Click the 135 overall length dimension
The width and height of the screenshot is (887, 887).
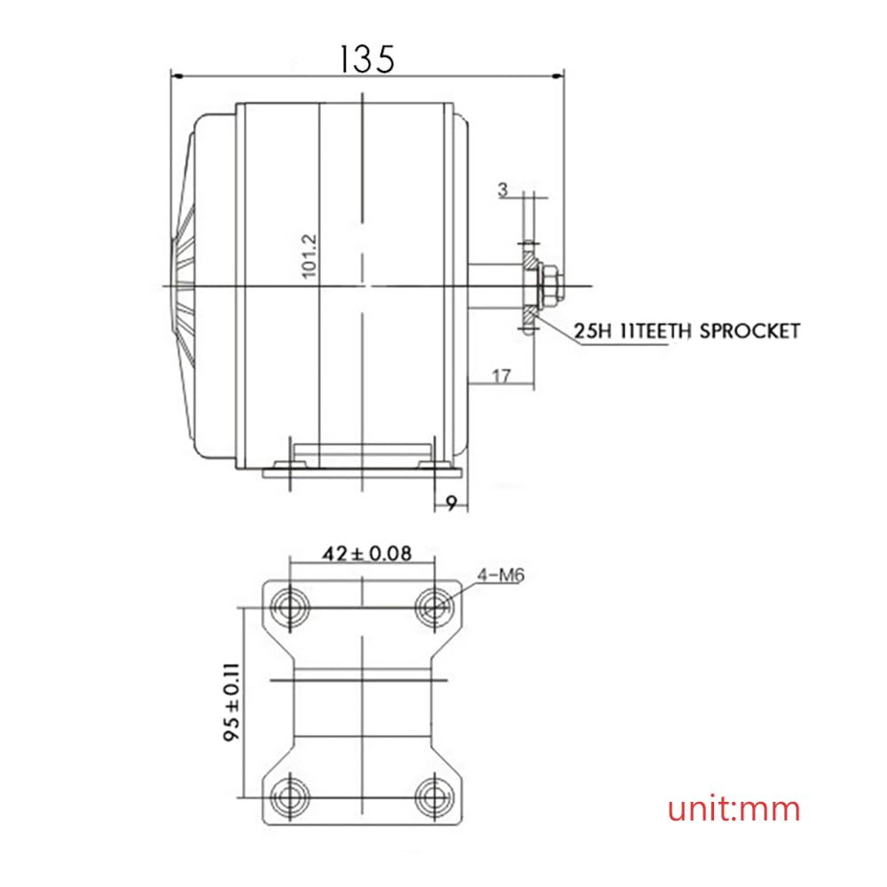click(x=366, y=59)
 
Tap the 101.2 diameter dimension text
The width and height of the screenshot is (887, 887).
click(x=309, y=255)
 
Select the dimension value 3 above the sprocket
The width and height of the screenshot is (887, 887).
click(x=503, y=190)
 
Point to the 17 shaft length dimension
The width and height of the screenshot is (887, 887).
click(x=501, y=376)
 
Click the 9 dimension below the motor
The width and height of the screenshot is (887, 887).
click(x=451, y=503)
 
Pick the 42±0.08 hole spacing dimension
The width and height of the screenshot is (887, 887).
click(x=367, y=553)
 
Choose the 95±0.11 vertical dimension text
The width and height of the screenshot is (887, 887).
click(x=232, y=702)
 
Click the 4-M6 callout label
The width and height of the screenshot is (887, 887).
click(x=501, y=576)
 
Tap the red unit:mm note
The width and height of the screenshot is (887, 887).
click(x=734, y=808)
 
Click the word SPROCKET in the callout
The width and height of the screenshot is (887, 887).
click(x=750, y=331)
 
